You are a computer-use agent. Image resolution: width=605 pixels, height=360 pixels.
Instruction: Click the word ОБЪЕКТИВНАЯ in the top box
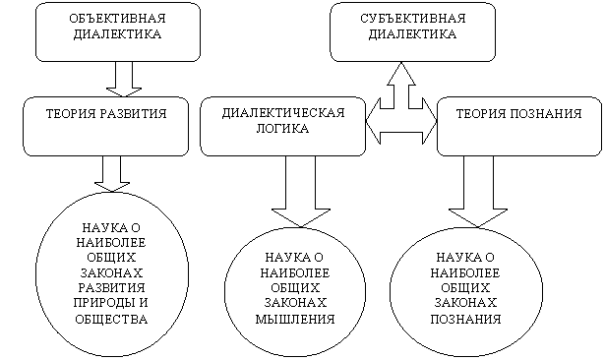[x=117, y=18]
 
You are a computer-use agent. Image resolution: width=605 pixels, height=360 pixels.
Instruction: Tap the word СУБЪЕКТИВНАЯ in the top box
[x=413, y=18]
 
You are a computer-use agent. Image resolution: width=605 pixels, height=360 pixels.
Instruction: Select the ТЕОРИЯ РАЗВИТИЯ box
[x=105, y=126]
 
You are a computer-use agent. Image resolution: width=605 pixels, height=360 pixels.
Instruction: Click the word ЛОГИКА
[x=282, y=128]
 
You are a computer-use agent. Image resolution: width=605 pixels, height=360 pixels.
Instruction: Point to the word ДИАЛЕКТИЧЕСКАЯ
[x=283, y=113]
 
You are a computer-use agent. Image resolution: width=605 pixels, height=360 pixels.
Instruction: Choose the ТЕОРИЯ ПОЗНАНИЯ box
[x=519, y=126]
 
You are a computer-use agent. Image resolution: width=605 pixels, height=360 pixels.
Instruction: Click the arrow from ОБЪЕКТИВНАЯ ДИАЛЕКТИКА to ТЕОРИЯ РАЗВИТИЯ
[x=124, y=79]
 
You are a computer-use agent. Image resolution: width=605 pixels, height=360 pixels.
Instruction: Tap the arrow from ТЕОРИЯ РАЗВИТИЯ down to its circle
[x=112, y=174]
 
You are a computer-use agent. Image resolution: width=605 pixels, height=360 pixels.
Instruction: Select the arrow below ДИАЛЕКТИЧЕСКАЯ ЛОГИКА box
[x=301, y=192]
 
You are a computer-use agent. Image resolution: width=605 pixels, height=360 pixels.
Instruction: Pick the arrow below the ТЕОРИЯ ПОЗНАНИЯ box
[x=478, y=192]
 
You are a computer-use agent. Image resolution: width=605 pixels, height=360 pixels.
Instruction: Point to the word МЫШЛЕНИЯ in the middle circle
[x=295, y=319]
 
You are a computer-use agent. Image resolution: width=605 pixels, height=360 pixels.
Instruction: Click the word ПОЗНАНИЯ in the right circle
[x=465, y=319]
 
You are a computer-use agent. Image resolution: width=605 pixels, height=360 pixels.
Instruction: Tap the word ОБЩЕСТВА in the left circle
[x=111, y=319]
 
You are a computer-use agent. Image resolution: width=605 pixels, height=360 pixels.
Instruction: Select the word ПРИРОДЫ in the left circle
[x=100, y=303]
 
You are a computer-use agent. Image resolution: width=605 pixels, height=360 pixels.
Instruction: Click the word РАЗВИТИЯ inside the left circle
[x=111, y=288]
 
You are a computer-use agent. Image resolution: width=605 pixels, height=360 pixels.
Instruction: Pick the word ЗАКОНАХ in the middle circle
[x=295, y=303]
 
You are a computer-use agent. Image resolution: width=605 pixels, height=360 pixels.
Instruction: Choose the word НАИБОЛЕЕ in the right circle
[x=465, y=273]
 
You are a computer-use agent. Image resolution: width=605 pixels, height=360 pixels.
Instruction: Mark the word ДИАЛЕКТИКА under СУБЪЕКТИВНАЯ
[x=412, y=34]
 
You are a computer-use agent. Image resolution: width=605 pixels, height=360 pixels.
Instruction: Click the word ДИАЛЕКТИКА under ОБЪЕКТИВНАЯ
[x=117, y=34]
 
